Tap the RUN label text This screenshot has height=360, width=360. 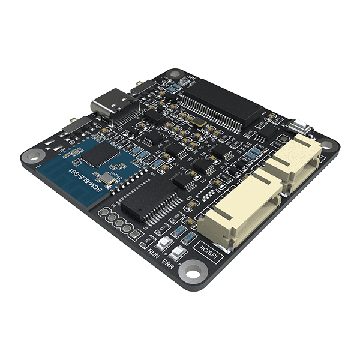point(154,255)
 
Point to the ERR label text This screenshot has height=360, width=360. point(170,264)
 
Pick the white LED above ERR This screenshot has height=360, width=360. point(178,252)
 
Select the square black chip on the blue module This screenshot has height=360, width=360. point(95,154)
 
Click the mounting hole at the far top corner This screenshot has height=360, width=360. point(175,74)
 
